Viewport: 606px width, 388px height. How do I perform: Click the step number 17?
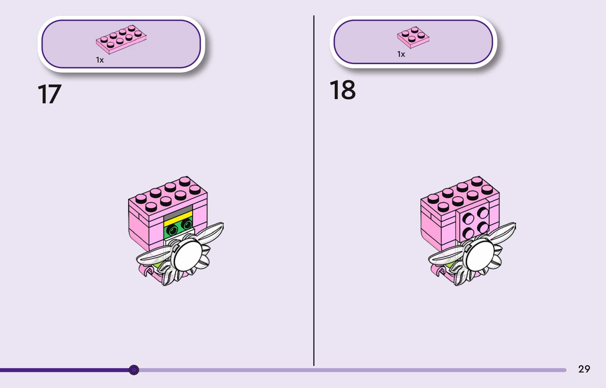click(49, 94)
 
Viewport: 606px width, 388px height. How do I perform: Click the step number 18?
click(342, 90)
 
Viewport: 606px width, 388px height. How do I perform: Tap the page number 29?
click(584, 369)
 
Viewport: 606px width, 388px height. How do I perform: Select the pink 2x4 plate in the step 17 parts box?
click(121, 39)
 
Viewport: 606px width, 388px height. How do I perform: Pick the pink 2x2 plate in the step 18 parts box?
click(413, 37)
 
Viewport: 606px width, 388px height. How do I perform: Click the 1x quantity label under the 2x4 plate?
click(100, 60)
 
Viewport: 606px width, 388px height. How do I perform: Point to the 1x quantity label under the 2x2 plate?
click(401, 54)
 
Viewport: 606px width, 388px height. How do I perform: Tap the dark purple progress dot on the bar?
click(134, 370)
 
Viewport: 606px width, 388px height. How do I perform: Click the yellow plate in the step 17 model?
click(178, 219)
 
